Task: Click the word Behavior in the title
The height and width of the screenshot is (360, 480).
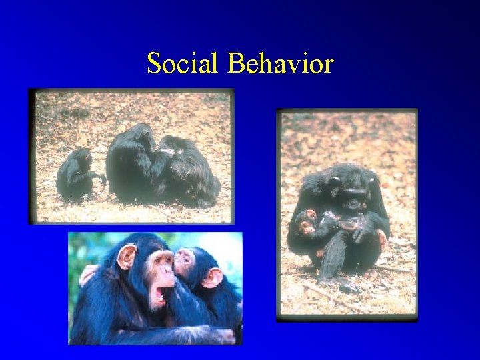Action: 280,64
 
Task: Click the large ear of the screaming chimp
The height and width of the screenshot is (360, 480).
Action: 126,257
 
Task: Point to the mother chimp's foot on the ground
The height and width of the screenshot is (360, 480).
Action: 347,286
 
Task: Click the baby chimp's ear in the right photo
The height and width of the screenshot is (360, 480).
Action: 311,215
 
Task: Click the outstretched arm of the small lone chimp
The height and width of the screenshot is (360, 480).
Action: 99,177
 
